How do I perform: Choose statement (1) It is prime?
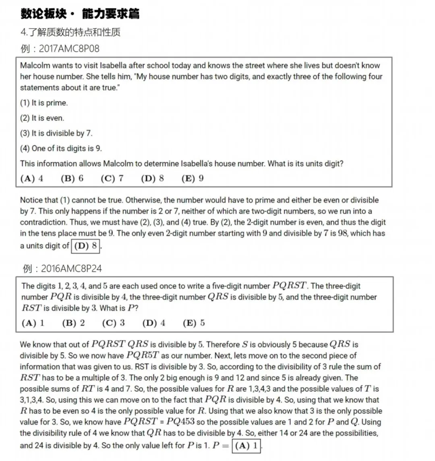44,103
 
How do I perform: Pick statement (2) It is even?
42,118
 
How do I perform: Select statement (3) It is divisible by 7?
56,133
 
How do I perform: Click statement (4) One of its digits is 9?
61,148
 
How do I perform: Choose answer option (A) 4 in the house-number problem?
32,179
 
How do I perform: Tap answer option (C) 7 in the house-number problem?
112,179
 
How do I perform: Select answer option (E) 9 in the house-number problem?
193,179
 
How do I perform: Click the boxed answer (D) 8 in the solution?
85,245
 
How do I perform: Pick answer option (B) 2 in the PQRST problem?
73,323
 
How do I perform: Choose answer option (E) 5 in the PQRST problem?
194,323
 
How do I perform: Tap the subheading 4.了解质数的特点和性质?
70,32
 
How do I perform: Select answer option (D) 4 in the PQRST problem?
153,323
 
